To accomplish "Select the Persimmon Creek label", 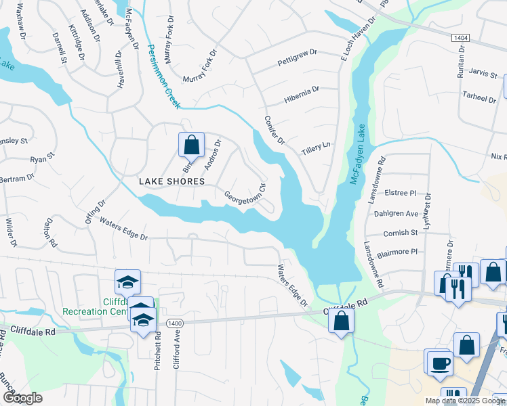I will click(163, 76).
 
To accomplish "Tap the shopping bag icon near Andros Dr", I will click(191, 144).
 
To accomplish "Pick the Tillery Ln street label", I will click(317, 145).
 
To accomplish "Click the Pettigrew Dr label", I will click(298, 63).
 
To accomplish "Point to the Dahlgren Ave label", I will click(396, 213).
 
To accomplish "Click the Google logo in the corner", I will click(22, 398).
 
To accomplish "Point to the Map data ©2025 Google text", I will click(464, 401).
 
